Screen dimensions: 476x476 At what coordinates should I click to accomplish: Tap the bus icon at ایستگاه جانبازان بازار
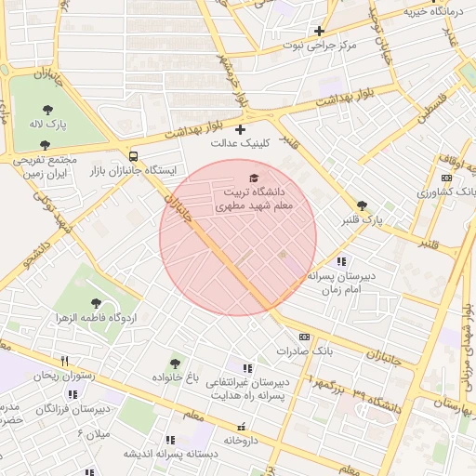(134, 156)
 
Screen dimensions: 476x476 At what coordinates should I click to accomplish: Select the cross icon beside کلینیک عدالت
(241, 129)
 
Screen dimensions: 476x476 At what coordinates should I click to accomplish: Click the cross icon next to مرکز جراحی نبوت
(319, 31)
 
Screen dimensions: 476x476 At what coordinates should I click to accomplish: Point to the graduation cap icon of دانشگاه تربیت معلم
(254, 178)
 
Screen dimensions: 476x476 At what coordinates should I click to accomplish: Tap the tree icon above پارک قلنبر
(362, 205)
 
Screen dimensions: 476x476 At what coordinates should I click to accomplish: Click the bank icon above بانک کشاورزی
(446, 178)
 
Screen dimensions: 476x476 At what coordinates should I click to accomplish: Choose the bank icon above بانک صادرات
(304, 337)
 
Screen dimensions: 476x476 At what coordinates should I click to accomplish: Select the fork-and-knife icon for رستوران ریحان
(64, 361)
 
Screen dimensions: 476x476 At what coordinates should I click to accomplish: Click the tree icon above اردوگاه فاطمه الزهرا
(97, 303)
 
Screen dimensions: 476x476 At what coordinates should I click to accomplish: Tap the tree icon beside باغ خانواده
(175, 363)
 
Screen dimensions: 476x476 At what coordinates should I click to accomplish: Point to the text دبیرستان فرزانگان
(73, 408)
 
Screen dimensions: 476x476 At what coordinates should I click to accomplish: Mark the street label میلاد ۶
(93, 433)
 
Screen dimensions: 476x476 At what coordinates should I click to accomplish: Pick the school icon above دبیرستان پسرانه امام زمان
(341, 261)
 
